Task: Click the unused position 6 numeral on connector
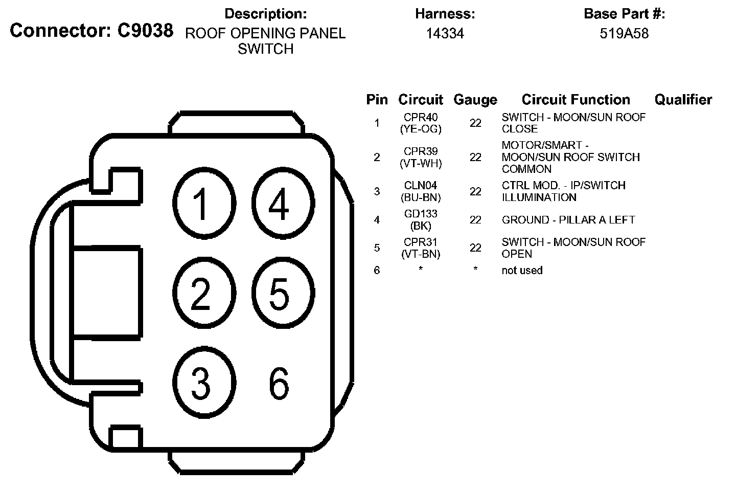[x=279, y=384]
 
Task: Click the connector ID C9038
[x=145, y=31]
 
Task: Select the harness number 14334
[x=445, y=34]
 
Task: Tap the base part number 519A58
[x=624, y=34]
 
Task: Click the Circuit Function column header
[x=576, y=100]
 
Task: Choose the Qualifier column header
[x=683, y=100]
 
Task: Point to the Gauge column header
[x=475, y=100]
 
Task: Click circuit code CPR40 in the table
[x=421, y=118]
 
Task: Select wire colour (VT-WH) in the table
[x=421, y=164]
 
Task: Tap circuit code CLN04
[x=421, y=186]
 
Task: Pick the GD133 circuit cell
[x=421, y=214]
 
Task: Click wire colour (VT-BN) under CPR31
[x=421, y=254]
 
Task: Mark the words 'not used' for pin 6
[x=522, y=271]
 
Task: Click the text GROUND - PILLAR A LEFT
[x=568, y=220]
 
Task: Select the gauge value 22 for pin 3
[x=475, y=191]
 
